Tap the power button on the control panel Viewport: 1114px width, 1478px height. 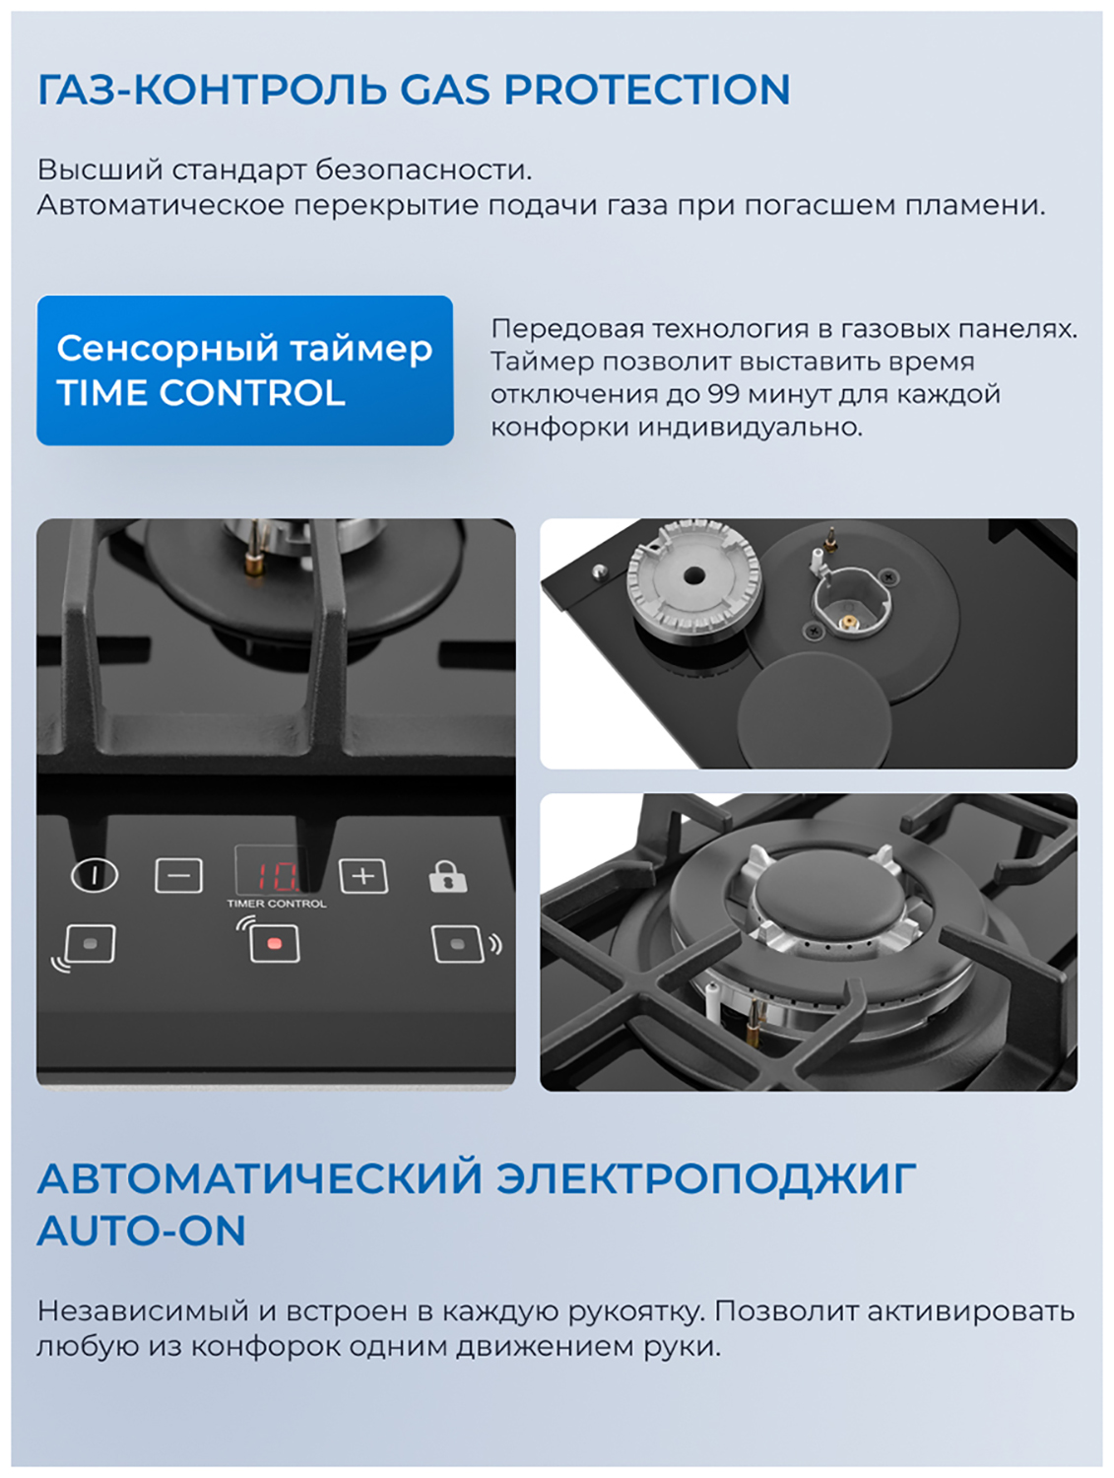tap(95, 875)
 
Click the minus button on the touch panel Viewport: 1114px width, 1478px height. tap(178, 875)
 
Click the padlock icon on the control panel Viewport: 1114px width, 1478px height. tap(447, 876)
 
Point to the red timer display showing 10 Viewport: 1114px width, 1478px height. tap(276, 876)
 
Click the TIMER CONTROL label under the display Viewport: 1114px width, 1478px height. tap(277, 904)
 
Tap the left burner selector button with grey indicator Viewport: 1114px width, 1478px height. tap(90, 943)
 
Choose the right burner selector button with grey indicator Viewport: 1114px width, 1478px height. tap(458, 943)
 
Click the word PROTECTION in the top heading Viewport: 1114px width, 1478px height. tap(647, 90)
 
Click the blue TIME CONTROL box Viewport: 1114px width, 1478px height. tap(245, 370)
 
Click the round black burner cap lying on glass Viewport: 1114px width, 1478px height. tap(815, 713)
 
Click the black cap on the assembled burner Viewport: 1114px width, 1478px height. tap(828, 899)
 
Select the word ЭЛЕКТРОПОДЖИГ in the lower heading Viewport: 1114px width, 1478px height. tap(706, 1178)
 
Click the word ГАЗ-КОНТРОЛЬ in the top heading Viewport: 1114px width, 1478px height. tap(212, 90)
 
